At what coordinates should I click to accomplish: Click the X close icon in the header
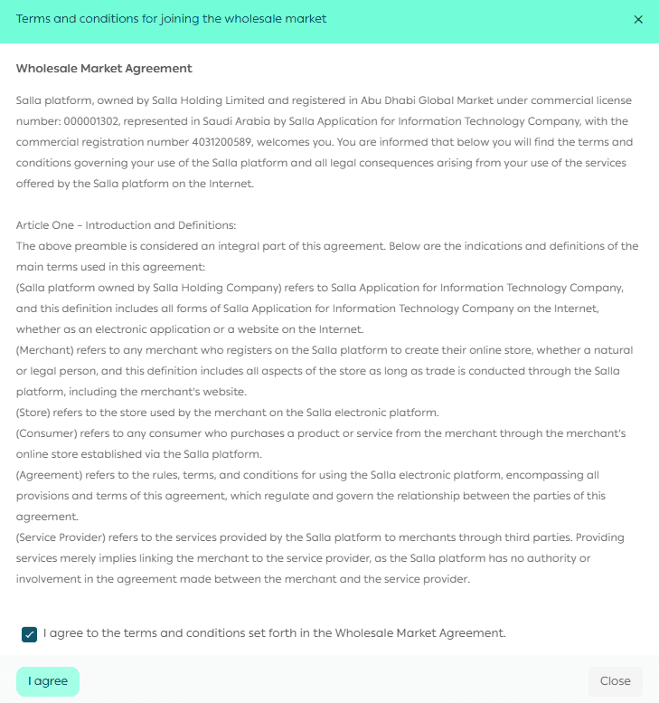(x=638, y=19)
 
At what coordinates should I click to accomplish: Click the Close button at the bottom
(x=615, y=681)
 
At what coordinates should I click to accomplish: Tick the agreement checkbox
(x=29, y=634)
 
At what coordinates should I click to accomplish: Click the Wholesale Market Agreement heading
(x=104, y=69)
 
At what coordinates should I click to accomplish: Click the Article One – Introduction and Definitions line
(x=126, y=224)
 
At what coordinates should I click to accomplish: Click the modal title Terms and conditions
(x=171, y=19)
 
